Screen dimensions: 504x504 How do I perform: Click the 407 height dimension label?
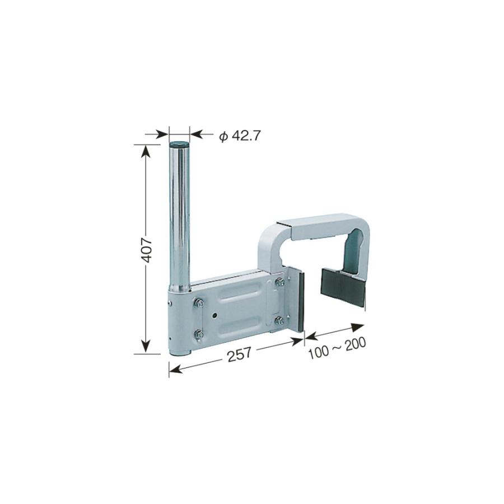tap(147, 250)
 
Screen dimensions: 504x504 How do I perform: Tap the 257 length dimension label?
tap(240, 354)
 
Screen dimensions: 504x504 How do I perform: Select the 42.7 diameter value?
tap(245, 136)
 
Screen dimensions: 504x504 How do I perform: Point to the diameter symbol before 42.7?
tap(223, 137)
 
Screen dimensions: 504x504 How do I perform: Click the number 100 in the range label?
tap(318, 353)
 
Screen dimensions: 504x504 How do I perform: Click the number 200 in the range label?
tap(356, 344)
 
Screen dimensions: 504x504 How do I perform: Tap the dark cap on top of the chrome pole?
tap(179, 144)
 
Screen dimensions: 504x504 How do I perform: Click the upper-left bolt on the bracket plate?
tap(199, 302)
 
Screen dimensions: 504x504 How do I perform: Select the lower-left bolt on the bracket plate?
tap(199, 334)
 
